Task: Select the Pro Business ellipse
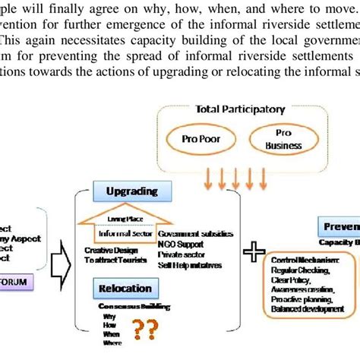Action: [x=276, y=139]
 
